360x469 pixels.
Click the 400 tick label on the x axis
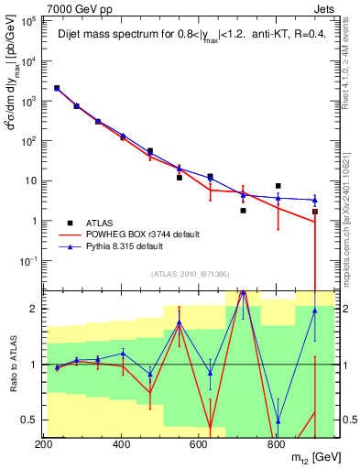pyautogui.click(x=121, y=443)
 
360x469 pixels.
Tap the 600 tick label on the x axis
pyautogui.click(x=198, y=443)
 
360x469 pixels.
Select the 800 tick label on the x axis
pyautogui.click(x=275, y=443)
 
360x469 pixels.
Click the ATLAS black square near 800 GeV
pyautogui.click(x=278, y=186)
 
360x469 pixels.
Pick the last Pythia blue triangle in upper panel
pyautogui.click(x=314, y=200)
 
